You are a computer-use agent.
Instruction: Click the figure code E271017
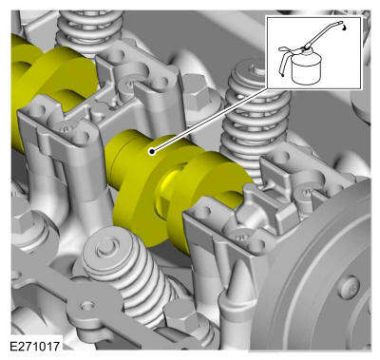(x=34, y=346)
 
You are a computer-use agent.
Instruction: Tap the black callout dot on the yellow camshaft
(x=152, y=152)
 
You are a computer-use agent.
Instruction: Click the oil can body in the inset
(x=306, y=68)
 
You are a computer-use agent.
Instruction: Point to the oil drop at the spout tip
(x=344, y=28)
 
